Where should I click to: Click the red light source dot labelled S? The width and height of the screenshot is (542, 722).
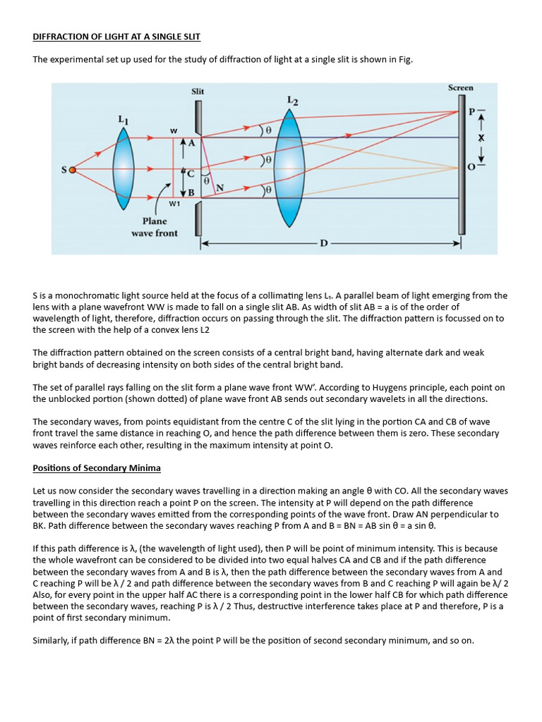pyautogui.click(x=71, y=170)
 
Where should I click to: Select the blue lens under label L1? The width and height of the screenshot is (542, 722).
pyautogui.click(x=124, y=169)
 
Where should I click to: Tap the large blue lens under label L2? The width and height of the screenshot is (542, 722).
pyautogui.click(x=290, y=169)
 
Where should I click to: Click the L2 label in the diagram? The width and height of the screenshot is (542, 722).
pyautogui.click(x=292, y=101)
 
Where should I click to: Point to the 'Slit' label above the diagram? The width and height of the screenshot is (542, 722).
pyautogui.click(x=198, y=91)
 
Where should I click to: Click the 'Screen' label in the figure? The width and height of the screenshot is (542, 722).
pyautogui.click(x=460, y=87)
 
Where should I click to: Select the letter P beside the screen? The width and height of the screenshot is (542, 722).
pyautogui.click(x=471, y=112)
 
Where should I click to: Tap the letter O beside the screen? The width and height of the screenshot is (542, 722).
pyautogui.click(x=471, y=166)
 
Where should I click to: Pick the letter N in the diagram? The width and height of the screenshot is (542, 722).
pyautogui.click(x=220, y=188)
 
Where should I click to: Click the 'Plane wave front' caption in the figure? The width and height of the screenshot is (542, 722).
pyautogui.click(x=155, y=226)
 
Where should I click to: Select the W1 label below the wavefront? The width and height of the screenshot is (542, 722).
pyautogui.click(x=174, y=204)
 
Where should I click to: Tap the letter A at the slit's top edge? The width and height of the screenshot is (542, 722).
pyautogui.click(x=191, y=143)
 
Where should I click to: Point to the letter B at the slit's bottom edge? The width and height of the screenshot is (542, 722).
pyautogui.click(x=191, y=192)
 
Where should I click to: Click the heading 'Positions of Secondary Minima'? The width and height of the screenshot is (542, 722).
pyautogui.click(x=97, y=468)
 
